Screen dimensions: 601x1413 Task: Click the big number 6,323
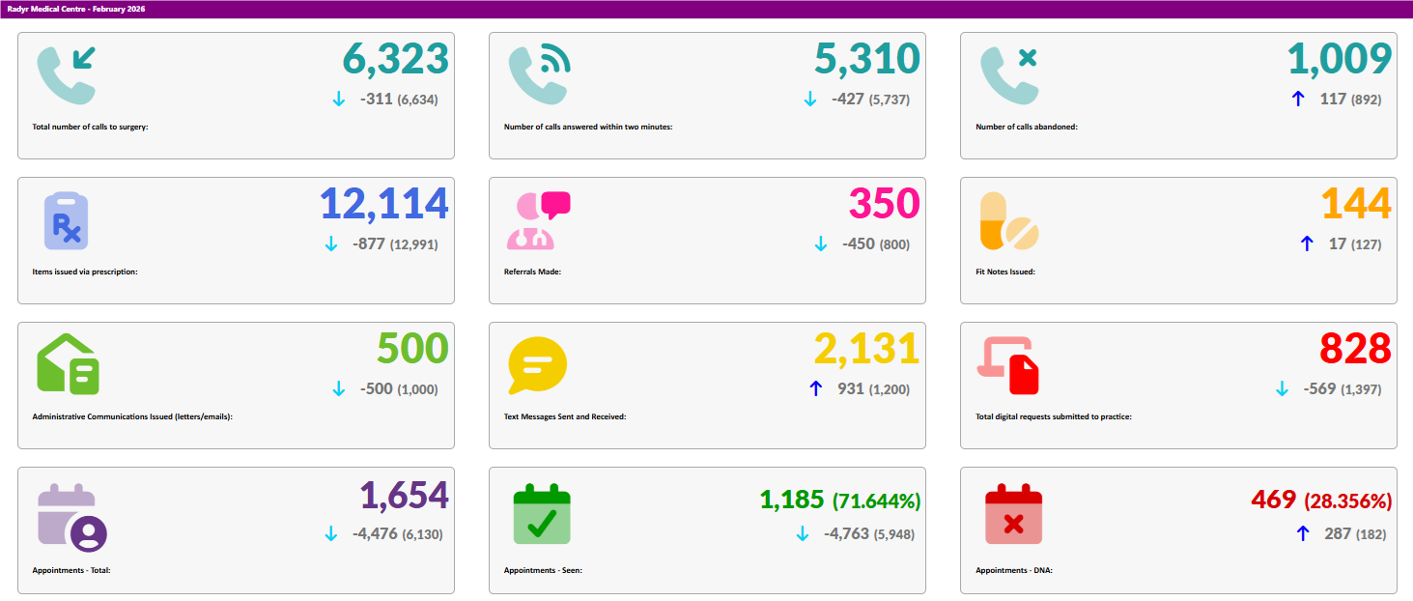tap(396, 60)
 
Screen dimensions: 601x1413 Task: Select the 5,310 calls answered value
tap(866, 60)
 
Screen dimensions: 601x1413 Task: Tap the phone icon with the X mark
tap(1009, 75)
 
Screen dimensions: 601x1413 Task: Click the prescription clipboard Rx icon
tap(67, 221)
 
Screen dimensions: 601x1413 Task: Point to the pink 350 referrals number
tap(884, 205)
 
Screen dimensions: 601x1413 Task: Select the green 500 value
tap(412, 350)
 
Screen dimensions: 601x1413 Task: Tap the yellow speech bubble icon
tap(537, 366)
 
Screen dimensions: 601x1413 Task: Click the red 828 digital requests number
tap(1355, 350)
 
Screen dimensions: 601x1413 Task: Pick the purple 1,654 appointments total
tap(404, 496)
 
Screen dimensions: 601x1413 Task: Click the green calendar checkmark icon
tap(541, 513)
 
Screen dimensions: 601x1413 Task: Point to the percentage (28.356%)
tap(1347, 501)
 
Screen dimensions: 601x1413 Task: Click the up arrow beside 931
tap(815, 388)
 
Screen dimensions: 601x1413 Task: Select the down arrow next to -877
tap(331, 244)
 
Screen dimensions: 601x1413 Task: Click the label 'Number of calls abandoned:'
tap(1026, 127)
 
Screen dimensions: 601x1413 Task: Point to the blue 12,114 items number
tap(383, 205)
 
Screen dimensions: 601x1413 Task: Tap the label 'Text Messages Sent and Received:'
tap(565, 416)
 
